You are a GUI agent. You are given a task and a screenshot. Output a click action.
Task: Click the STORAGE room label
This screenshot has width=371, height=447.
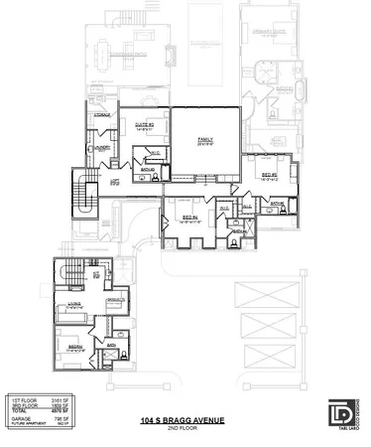click(102, 116)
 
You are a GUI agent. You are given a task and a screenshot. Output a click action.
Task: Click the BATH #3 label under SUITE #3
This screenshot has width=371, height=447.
click(146, 169)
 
